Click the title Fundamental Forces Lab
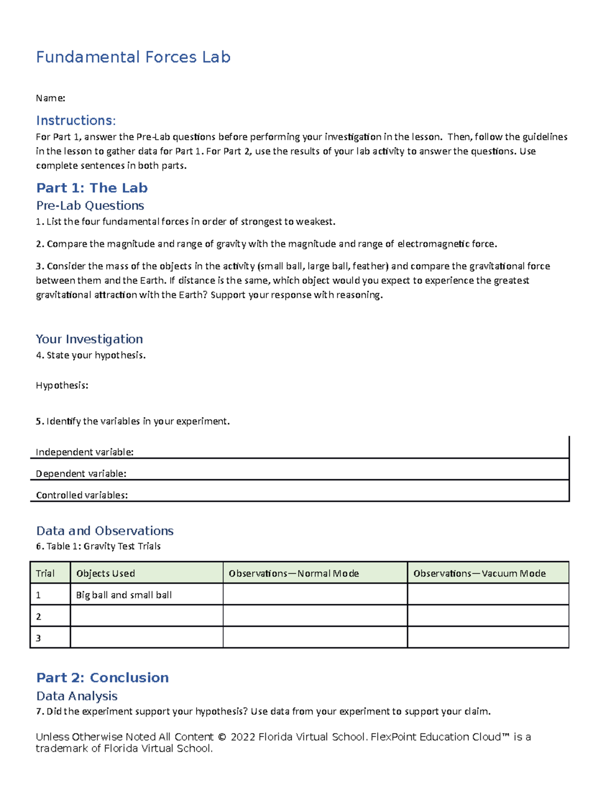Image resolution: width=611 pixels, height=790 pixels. click(x=133, y=57)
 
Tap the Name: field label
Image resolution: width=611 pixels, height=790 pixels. click(x=50, y=98)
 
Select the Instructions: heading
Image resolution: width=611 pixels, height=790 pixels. click(x=76, y=121)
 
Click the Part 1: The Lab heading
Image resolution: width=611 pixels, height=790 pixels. click(x=92, y=188)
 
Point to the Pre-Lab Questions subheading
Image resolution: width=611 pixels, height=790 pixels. click(x=90, y=206)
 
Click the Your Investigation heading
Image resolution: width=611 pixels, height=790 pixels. click(x=89, y=339)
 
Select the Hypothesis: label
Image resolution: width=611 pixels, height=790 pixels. click(x=62, y=386)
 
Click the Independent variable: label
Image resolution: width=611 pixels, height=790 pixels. click(x=85, y=452)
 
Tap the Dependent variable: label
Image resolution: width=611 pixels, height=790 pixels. click(x=81, y=474)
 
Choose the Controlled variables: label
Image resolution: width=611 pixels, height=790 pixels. click(x=81, y=495)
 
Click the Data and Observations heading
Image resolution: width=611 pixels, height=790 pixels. click(x=105, y=531)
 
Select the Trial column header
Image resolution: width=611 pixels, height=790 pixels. click(x=45, y=573)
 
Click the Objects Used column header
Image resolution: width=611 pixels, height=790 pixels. click(x=105, y=573)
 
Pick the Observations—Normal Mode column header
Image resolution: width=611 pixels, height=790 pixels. click(x=294, y=573)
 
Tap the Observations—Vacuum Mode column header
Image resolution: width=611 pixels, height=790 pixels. click(x=479, y=573)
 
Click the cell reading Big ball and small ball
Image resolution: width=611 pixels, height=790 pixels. click(x=124, y=595)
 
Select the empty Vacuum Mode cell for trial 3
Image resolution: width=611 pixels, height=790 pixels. click(x=488, y=637)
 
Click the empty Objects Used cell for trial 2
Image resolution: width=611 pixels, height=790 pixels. click(x=147, y=616)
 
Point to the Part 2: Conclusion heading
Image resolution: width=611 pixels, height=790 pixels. click(x=102, y=678)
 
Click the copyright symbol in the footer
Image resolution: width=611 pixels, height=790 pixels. click(x=221, y=737)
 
